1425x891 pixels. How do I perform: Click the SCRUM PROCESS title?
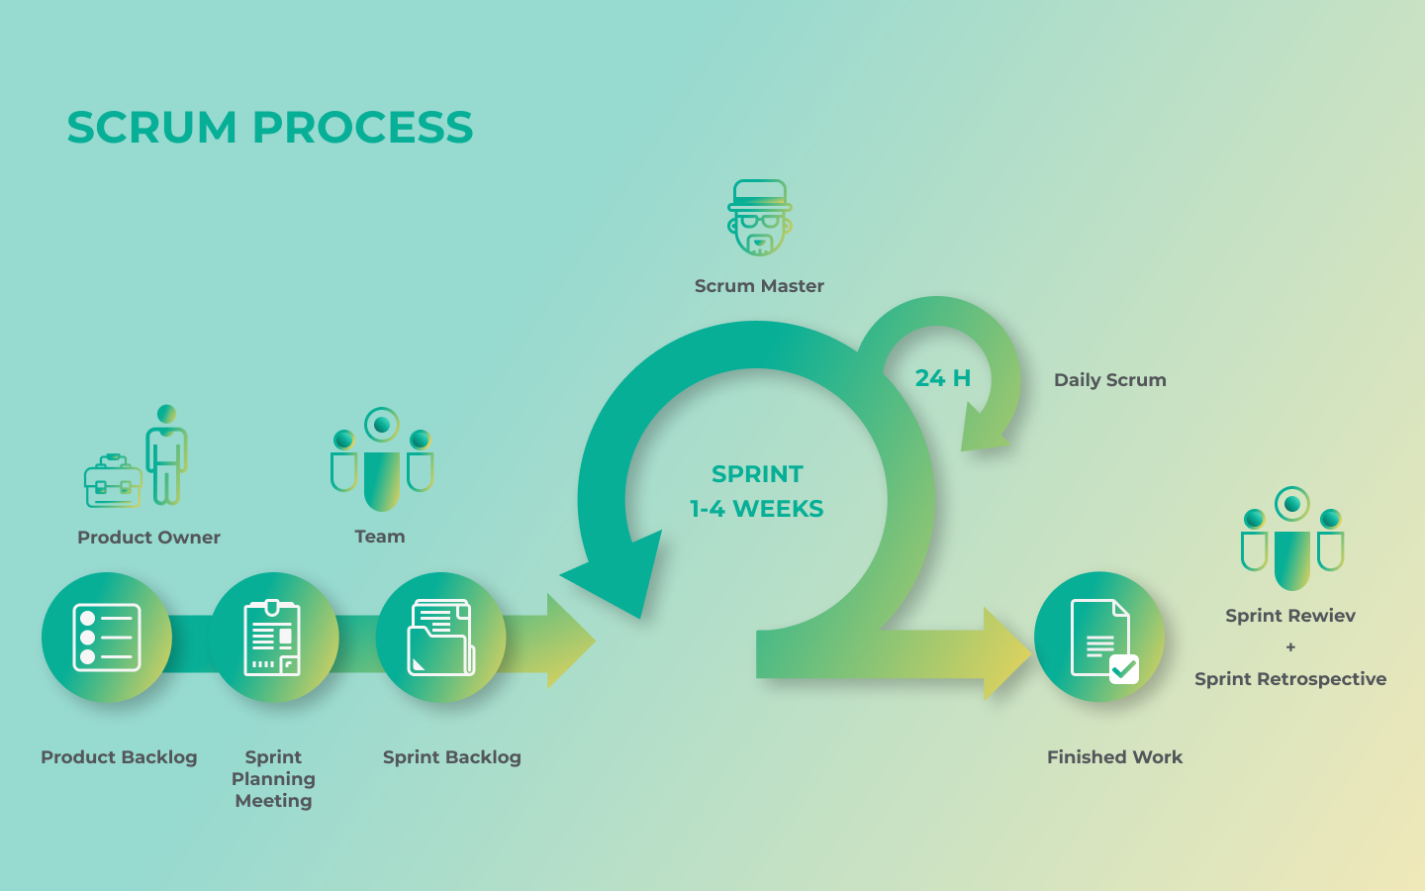point(270,128)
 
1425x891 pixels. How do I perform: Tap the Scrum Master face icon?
point(760,218)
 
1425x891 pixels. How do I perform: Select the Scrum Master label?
point(759,286)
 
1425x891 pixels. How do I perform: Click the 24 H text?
point(943,378)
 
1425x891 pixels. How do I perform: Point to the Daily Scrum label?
point(1110,380)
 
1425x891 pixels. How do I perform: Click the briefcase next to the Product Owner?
point(113,480)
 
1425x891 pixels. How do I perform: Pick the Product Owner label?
point(148,538)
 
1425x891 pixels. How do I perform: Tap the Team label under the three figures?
point(380,537)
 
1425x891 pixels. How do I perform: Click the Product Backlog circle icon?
point(107,638)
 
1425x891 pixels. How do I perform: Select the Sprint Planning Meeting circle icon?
point(273,638)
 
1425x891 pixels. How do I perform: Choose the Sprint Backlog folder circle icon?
point(441,638)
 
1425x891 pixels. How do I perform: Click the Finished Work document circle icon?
point(1099,638)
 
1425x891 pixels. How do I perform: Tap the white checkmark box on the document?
point(1124,669)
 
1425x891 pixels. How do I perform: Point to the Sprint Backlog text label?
point(451,757)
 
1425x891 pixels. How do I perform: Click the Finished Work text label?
point(1114,757)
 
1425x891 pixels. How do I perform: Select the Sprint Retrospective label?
point(1290,679)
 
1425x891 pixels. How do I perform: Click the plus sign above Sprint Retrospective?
point(1290,647)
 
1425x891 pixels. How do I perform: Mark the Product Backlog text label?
point(119,757)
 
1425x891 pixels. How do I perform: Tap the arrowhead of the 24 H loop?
point(984,428)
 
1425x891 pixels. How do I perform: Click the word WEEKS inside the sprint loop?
point(778,509)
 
